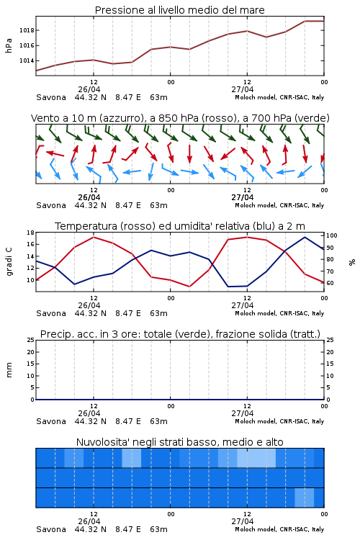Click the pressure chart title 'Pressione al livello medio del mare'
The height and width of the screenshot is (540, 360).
(x=179, y=10)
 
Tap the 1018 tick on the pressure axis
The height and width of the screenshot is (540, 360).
(x=27, y=30)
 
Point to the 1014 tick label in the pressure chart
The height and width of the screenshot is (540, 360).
(x=27, y=60)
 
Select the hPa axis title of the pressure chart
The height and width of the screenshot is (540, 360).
(x=9, y=45)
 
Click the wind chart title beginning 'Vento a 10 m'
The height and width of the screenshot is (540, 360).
(x=180, y=118)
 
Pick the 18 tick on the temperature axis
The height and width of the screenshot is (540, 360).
(x=31, y=233)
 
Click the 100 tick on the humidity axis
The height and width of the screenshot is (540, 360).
(x=332, y=235)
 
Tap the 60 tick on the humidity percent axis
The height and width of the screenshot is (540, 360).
(x=330, y=283)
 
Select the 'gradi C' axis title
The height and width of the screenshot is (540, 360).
(x=9, y=262)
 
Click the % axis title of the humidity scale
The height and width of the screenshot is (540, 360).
(x=352, y=262)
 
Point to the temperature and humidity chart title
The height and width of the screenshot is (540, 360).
(x=180, y=226)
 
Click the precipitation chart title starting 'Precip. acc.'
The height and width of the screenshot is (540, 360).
(x=180, y=334)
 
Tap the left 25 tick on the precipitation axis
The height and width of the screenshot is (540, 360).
(x=31, y=340)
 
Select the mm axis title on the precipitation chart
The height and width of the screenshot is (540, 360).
(x=9, y=370)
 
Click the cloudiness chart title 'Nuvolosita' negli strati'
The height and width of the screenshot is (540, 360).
(x=179, y=442)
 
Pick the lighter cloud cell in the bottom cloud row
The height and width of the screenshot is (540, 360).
(x=305, y=498)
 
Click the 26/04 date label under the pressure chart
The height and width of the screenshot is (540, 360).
(x=89, y=89)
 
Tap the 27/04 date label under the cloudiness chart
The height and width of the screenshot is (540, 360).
(x=242, y=521)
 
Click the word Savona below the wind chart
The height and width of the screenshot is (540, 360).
(x=51, y=205)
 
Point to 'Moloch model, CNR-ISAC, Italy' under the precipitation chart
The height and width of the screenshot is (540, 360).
(x=279, y=421)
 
